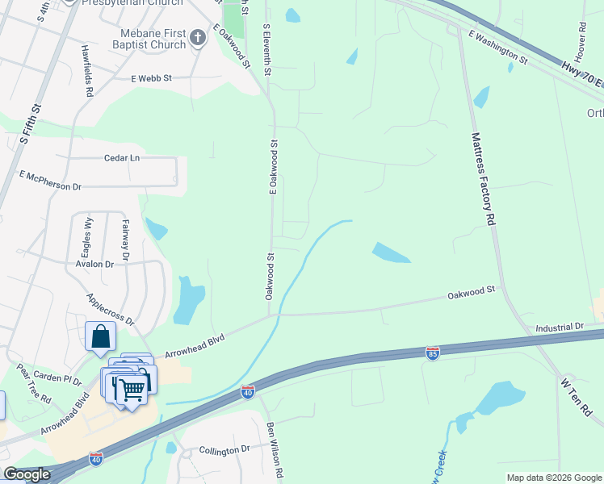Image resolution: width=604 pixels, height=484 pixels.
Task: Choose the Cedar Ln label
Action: (122, 158)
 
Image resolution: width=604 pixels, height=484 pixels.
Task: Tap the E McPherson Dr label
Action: (51, 181)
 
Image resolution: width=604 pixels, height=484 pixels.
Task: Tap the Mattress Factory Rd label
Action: (482, 179)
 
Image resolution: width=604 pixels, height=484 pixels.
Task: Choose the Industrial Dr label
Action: (559, 328)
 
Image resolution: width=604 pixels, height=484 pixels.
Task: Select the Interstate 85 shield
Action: (433, 353)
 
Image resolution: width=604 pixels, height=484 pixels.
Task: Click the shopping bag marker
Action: (100, 336)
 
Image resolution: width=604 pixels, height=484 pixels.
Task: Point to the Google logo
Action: (26, 475)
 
